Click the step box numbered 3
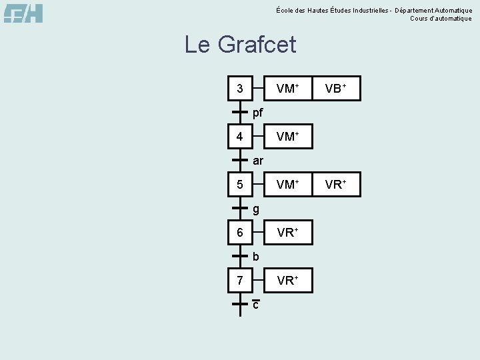(x=239, y=88)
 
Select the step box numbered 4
(x=239, y=137)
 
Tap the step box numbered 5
(x=239, y=185)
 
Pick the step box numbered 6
(x=239, y=233)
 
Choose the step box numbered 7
(x=239, y=281)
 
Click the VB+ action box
(x=336, y=88)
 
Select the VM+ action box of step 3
(x=287, y=88)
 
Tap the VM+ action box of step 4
(x=287, y=137)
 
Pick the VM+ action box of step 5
(x=287, y=185)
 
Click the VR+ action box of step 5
(x=336, y=185)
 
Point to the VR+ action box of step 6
(x=287, y=233)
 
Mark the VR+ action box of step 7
(x=287, y=281)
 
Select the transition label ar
(x=258, y=161)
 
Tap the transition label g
(x=256, y=209)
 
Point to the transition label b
(x=256, y=257)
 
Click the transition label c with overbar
(x=256, y=305)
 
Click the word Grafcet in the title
(x=257, y=45)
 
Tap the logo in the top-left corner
(x=23, y=13)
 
